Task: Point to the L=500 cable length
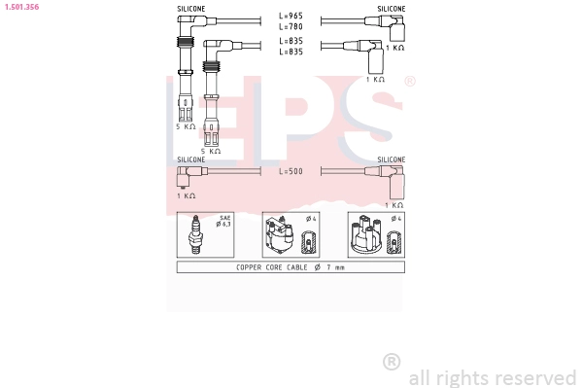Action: (x=291, y=171)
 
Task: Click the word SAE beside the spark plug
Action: (x=224, y=218)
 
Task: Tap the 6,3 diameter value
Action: (x=224, y=225)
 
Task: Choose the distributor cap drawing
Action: (x=366, y=236)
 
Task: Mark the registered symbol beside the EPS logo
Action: (x=409, y=82)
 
